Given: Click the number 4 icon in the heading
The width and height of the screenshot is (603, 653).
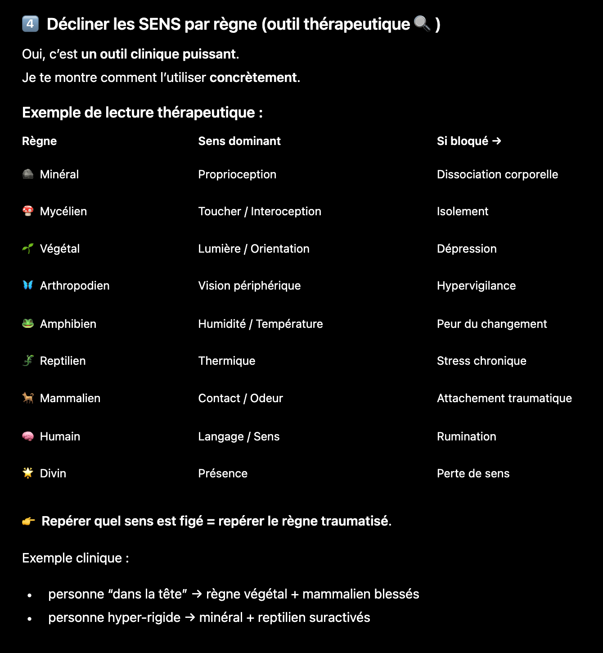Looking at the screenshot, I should pos(30,24).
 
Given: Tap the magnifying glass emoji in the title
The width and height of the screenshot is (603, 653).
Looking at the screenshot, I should pos(422,23).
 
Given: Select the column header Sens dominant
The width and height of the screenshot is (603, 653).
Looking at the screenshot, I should pos(239,141).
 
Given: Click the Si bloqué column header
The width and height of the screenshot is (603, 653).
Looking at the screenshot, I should pos(468,141).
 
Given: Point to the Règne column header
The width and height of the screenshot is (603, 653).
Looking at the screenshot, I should pos(39,141).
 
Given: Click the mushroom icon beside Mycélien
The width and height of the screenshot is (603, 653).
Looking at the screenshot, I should pos(28,211).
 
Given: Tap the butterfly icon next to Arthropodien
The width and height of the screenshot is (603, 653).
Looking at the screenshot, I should pos(28,285).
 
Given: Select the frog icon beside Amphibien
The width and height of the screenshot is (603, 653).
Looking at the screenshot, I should pos(28,323).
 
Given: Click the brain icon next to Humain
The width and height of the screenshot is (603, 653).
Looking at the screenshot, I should pos(28,436).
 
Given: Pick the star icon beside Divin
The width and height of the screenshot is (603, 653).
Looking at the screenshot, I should pos(28,473).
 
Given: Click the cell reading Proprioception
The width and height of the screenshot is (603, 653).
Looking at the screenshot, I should pos(237,174).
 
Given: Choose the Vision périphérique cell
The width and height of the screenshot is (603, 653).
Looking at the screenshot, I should pos(249,286).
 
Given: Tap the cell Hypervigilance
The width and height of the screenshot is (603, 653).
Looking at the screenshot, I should pos(476,286).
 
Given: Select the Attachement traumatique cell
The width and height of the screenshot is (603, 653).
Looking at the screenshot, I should pos(504,398).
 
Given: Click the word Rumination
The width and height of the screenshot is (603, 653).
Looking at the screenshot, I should pos(466,436).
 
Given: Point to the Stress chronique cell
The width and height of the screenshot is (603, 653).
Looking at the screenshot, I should pos(481,361).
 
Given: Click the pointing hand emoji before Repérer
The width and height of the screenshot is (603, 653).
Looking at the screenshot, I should pos(28,521).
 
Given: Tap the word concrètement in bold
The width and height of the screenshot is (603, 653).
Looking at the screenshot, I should pos(253,77).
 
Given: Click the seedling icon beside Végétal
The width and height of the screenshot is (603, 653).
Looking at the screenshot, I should pos(28,248).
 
